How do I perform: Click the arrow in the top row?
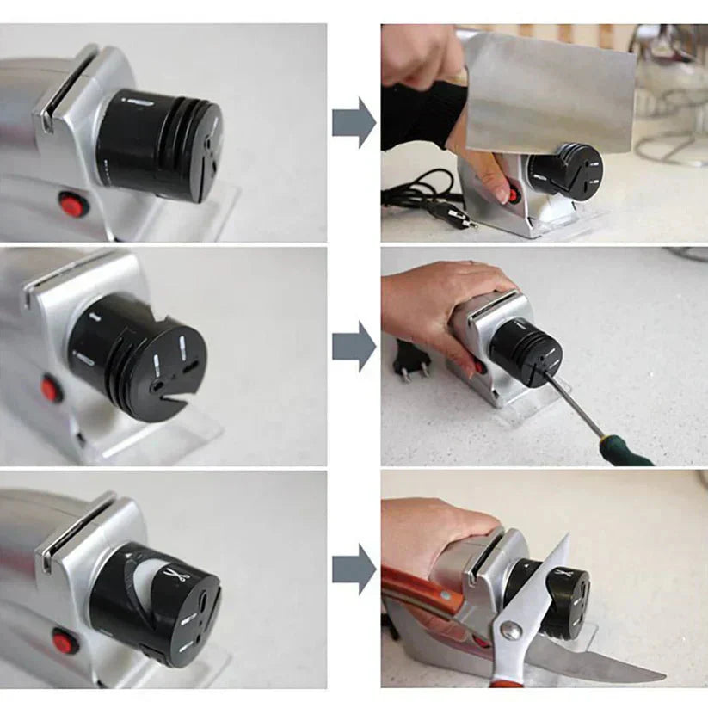[x=354, y=122]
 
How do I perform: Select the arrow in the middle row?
[x=354, y=346]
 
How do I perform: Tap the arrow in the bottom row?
[x=354, y=569]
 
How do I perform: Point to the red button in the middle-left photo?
[x=51, y=390]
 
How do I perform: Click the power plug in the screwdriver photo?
[x=411, y=360]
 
